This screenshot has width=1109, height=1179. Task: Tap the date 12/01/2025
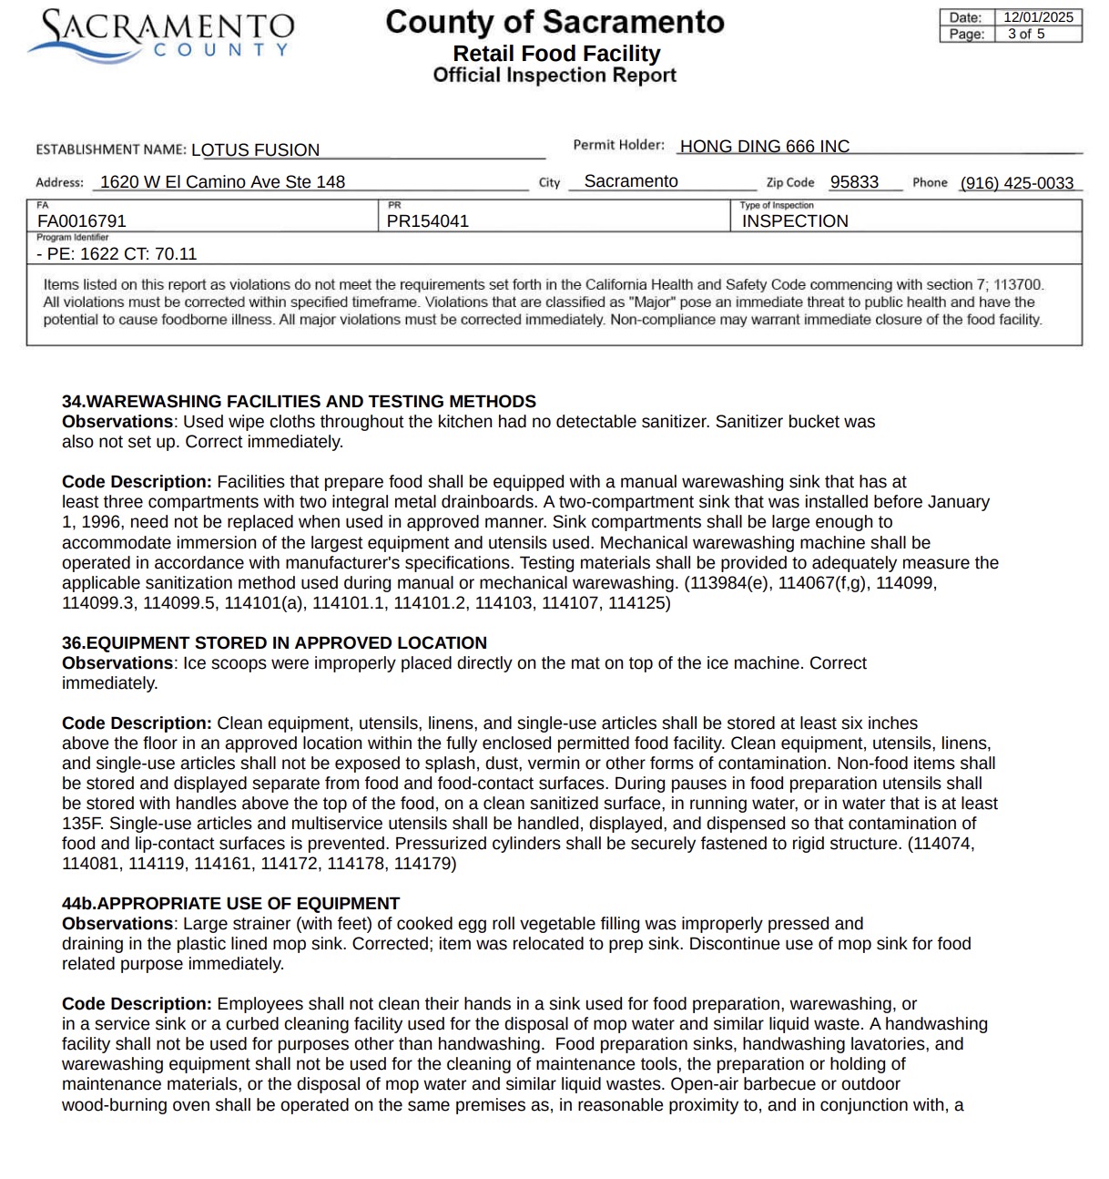click(1038, 17)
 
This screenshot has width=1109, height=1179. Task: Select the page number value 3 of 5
click(1026, 34)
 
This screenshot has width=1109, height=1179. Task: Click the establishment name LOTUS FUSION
click(255, 149)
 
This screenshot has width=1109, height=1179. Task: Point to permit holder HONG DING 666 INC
click(764, 146)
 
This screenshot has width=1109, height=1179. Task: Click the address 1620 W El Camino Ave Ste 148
click(222, 181)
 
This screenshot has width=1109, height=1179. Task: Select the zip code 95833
click(854, 181)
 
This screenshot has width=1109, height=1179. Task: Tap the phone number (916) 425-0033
click(1017, 182)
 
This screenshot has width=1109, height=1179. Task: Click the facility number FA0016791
click(82, 220)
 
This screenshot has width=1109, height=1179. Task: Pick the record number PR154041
click(427, 220)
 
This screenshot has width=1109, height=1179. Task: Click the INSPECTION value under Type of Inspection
click(795, 220)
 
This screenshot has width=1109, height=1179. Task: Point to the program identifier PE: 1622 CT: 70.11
click(117, 253)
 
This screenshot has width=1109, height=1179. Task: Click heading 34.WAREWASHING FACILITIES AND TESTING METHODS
click(299, 401)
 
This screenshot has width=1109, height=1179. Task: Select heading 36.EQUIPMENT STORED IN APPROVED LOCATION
click(274, 642)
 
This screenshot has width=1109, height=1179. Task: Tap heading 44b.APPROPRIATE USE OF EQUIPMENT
click(230, 903)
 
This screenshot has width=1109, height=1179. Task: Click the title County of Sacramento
click(554, 22)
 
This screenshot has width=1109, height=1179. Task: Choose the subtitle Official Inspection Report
click(554, 75)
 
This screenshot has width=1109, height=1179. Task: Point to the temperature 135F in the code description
click(80, 823)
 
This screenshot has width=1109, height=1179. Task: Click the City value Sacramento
click(631, 181)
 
